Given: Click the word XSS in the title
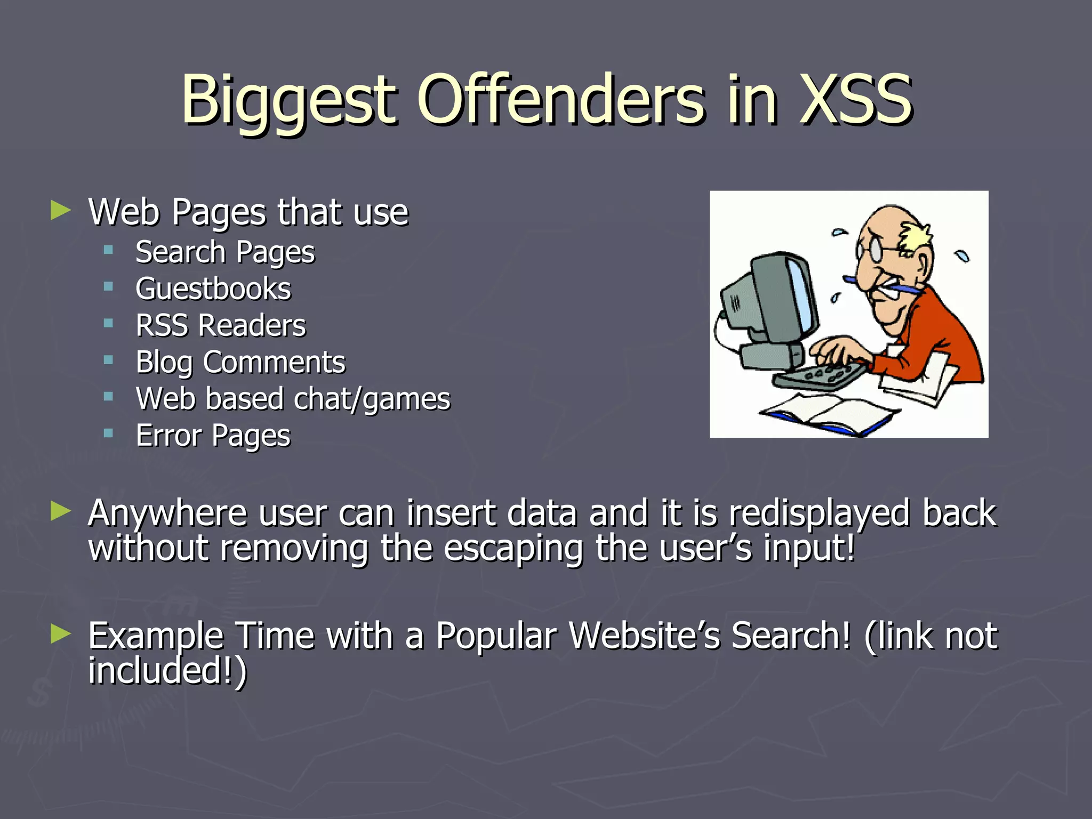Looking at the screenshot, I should pos(856,100).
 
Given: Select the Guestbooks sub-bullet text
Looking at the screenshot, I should pos(213,289).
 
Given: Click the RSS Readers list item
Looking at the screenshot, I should pos(221,325).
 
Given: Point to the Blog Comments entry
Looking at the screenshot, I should pos(240,363).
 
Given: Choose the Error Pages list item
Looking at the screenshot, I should pos(213,436).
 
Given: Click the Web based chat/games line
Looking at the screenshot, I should pos(293,399).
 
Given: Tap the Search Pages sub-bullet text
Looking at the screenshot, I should pos(225,252).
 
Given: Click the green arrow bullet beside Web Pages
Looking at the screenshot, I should pos(61,211).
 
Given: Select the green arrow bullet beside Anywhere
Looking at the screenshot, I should pos(61,511).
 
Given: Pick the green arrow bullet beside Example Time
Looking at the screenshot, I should pos(61,634).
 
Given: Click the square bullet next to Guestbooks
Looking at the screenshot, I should pos(109,287).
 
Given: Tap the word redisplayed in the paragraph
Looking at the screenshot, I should pos(819,513).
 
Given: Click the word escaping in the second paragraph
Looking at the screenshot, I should pos(513,549).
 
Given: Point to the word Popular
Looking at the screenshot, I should pos(496,636).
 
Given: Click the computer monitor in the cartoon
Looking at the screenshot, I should pos(773,299).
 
